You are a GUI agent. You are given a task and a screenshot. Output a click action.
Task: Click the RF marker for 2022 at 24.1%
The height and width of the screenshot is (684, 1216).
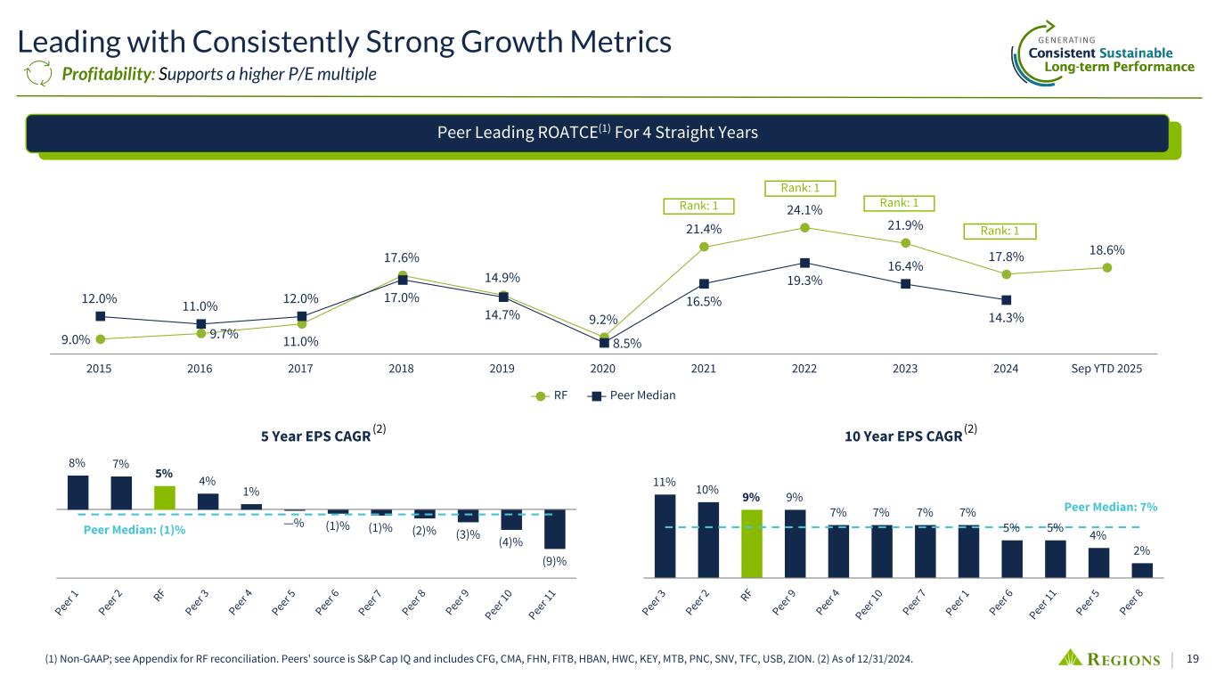point(804,227)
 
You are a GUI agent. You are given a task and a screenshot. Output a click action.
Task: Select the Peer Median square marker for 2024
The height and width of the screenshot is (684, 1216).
point(1006,299)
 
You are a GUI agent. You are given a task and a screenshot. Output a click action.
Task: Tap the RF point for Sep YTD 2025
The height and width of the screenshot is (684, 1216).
point(1106,267)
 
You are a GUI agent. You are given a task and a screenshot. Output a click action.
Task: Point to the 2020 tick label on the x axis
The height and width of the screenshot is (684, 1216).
point(603,369)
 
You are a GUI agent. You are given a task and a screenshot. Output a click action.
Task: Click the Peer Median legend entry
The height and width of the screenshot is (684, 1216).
point(635,395)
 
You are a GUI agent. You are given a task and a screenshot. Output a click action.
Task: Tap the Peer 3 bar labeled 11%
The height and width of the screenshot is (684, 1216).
point(665,535)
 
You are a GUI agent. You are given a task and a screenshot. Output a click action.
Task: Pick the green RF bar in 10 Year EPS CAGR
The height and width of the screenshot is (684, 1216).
point(752,543)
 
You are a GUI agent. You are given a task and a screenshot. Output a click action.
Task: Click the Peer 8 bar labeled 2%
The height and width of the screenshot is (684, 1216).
point(1142,570)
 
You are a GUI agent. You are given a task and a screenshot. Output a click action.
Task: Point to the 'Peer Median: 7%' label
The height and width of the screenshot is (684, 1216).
point(1111,507)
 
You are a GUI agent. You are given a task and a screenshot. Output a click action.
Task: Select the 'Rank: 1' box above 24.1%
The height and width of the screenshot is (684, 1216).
point(800,188)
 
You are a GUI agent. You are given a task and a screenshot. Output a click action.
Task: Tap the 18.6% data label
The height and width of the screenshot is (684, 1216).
point(1106,250)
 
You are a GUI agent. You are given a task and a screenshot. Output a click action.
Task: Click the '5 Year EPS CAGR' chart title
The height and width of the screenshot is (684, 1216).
point(315,436)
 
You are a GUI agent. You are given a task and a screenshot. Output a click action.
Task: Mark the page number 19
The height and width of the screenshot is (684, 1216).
point(1193,659)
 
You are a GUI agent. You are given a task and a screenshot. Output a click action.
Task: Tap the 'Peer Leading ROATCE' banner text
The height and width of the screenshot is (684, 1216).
point(597,134)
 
